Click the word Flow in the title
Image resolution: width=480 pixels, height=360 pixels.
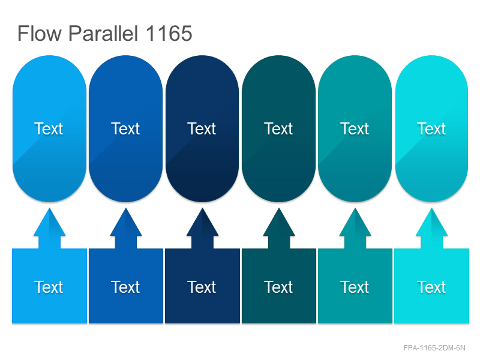pyautogui.click(x=40, y=33)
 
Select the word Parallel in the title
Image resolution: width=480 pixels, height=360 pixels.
pyautogui.click(x=103, y=33)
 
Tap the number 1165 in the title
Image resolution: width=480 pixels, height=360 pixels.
pyautogui.click(x=169, y=33)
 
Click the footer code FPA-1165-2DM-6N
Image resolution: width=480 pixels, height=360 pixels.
pyautogui.click(x=434, y=348)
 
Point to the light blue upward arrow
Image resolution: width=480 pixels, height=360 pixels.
pyautogui.click(x=49, y=229)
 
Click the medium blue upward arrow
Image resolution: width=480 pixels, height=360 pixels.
pyautogui.click(x=126, y=229)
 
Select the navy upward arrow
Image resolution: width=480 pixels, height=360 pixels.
pyautogui.click(x=202, y=229)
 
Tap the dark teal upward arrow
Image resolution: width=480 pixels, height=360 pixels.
pyautogui.click(x=279, y=229)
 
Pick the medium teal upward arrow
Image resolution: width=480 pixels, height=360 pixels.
pyautogui.click(x=355, y=229)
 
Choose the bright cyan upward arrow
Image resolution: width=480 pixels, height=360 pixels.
pyautogui.click(x=431, y=229)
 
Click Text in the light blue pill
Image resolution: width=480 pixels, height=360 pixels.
pyautogui.click(x=49, y=128)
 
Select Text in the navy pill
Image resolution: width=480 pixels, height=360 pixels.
pyautogui.click(x=202, y=128)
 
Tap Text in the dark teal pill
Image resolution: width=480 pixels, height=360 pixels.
pyautogui.click(x=278, y=128)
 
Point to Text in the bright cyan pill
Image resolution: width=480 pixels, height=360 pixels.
pyautogui.click(x=431, y=128)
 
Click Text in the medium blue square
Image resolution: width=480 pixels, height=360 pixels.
pyautogui.click(x=125, y=287)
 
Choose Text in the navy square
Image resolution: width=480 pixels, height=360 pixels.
pyautogui.click(x=202, y=287)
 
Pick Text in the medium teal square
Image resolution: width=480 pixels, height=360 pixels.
pyautogui.click(x=355, y=287)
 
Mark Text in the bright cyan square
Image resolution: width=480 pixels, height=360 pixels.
pyautogui.click(x=431, y=287)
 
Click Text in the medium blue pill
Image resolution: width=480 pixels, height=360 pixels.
pyautogui.click(x=125, y=128)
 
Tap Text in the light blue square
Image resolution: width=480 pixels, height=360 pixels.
pyautogui.click(x=49, y=287)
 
